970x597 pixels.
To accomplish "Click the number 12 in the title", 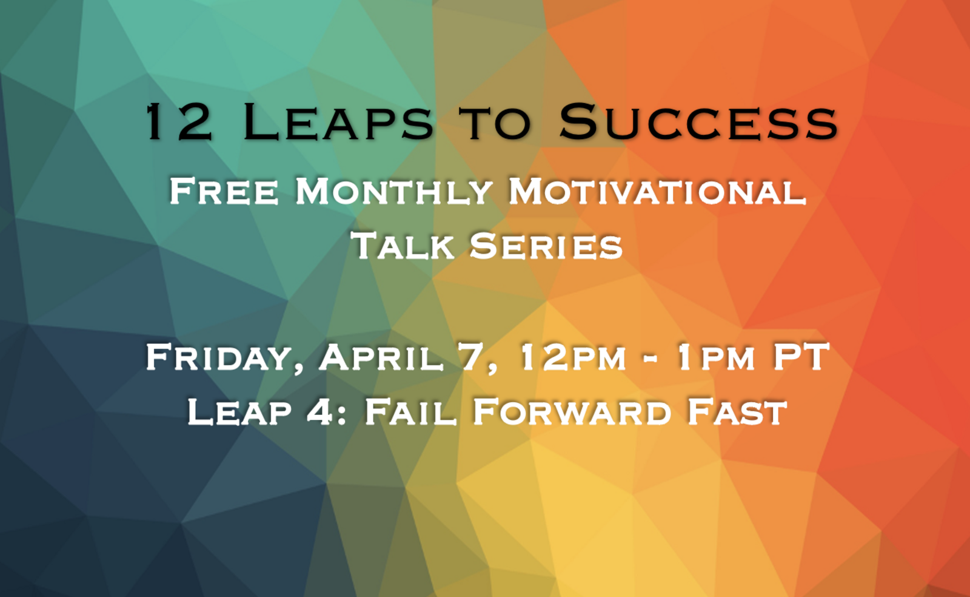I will pos(179,123).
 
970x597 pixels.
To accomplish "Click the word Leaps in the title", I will pos(338,123).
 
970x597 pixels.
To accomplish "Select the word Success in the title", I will pos(698,123).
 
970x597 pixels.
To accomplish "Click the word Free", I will pos(224,191).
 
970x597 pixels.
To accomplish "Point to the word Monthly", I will pos(393,191).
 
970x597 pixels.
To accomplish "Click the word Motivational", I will pos(657,191).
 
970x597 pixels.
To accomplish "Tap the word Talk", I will pos(403,246).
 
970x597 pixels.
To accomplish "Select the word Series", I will pos(546,246).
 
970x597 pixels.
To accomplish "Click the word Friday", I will pos(224,358).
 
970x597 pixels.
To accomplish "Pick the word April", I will pos(381,358).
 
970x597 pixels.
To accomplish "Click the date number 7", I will pos(473,357).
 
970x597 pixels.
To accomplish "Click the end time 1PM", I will pos(715,358).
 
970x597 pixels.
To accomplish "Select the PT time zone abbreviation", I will pos(800,357).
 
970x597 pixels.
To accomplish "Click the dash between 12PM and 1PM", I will pos(650,359).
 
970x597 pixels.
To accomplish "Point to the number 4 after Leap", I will pos(320,413).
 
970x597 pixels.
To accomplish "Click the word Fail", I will pos(410,413).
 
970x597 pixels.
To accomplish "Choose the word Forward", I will pos(572,413).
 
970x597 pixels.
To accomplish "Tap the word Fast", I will pos(737,413).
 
